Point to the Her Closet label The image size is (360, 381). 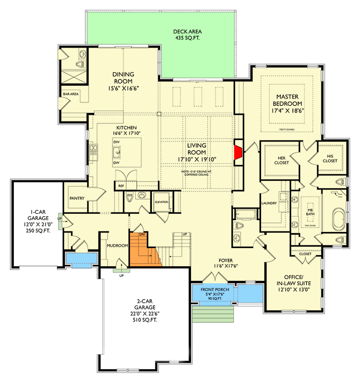pos(279,160)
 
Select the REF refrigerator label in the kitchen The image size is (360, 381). pos(121,186)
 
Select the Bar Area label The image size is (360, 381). pos(70,94)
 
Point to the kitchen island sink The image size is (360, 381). pos(116,152)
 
